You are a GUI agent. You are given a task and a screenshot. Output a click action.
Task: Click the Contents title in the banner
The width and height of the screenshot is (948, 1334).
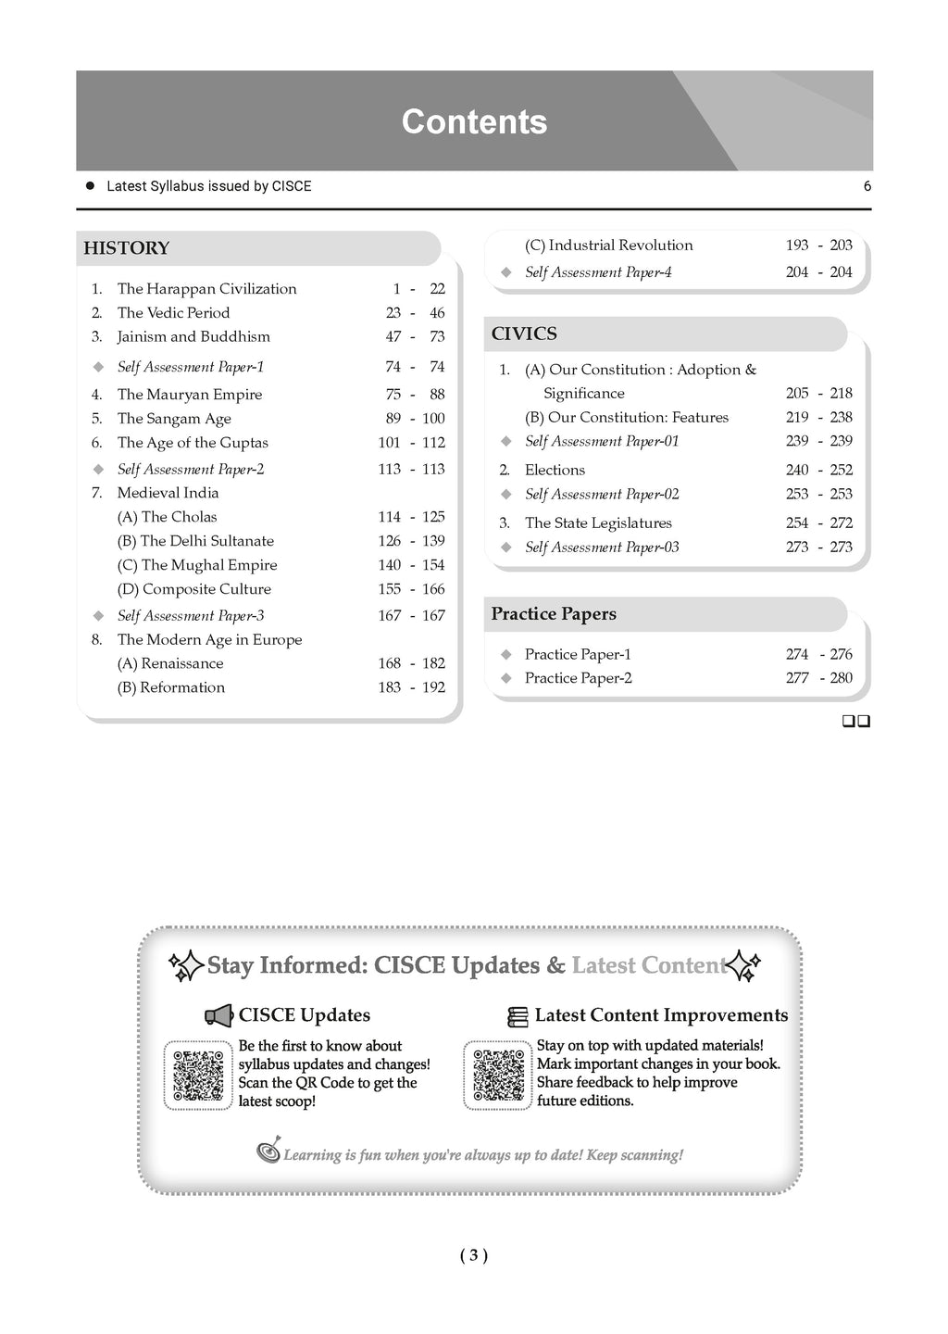474,122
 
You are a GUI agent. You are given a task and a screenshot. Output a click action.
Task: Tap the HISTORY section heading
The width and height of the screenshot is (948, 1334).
127,248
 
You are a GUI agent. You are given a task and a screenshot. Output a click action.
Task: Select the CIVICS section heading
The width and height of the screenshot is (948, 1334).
524,334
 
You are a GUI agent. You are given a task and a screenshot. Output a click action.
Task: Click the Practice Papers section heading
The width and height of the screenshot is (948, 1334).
554,614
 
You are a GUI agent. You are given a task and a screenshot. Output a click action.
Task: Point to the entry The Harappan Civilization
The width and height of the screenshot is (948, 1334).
206,289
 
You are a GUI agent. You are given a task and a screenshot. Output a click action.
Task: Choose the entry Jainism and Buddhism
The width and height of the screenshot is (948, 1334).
193,337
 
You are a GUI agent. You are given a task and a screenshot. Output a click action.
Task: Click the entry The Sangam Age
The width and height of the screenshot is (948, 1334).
174,419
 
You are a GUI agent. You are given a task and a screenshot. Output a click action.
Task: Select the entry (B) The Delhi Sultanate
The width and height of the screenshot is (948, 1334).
195,541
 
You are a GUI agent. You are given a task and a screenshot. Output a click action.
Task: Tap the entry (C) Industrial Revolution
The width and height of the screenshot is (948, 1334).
608,245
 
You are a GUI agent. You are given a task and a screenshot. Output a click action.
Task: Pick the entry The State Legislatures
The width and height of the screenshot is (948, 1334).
598,523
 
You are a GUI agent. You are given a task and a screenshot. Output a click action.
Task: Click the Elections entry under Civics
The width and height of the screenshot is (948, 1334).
555,471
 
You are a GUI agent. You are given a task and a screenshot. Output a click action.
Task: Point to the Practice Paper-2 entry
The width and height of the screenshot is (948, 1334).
578,678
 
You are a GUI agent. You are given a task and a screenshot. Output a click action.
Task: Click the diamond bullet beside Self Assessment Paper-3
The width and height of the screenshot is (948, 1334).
98,616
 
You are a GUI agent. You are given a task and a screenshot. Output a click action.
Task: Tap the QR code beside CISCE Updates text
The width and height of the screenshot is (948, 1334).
199,1076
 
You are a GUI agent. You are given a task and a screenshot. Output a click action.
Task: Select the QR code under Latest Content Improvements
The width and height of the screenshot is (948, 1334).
498,1076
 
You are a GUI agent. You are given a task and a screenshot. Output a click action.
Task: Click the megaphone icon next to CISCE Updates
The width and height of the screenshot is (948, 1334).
219,1016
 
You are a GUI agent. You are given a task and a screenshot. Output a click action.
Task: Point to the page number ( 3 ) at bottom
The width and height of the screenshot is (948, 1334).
473,1256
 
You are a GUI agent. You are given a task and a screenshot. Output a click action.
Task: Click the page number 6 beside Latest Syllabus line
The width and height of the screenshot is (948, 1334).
867,186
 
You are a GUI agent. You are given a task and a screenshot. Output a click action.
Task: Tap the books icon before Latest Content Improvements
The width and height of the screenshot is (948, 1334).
518,1017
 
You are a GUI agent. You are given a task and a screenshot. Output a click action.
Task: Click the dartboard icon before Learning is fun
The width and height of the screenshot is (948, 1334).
268,1152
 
